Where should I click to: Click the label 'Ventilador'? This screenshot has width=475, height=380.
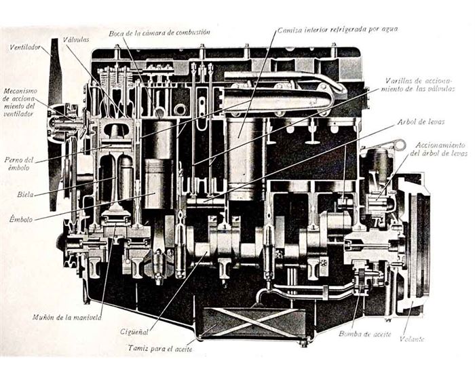click(x=25, y=47)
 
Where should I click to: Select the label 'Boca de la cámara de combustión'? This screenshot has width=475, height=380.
click(x=159, y=32)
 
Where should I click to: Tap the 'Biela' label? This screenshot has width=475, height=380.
click(x=26, y=194)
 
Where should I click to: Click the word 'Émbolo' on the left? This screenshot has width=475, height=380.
click(x=21, y=218)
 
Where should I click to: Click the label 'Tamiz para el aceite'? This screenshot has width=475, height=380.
click(x=160, y=349)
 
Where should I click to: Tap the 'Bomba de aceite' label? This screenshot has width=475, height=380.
click(x=364, y=334)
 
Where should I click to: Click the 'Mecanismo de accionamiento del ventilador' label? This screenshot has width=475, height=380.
click(x=20, y=102)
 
